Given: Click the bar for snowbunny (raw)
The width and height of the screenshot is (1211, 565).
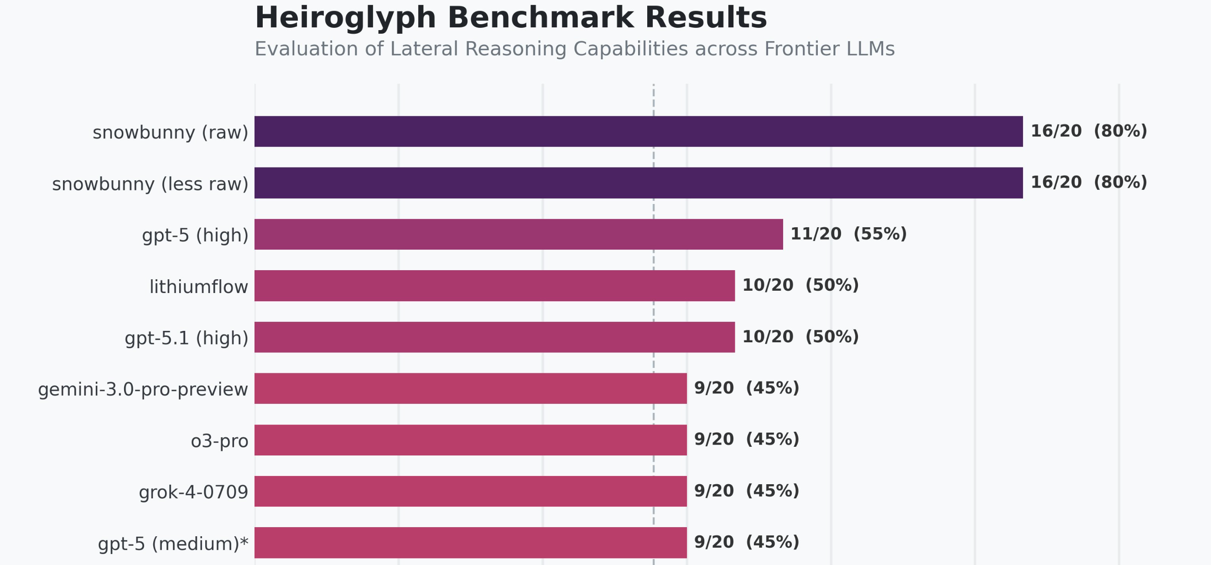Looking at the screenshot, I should coord(638,131).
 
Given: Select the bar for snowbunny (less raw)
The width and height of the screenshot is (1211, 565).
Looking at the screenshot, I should coord(638,183).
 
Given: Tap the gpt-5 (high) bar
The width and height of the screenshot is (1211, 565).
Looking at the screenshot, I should coord(518,234).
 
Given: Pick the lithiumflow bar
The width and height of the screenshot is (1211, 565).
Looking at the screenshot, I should coord(494,285).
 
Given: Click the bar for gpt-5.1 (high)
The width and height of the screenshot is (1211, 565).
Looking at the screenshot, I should coord(494,337).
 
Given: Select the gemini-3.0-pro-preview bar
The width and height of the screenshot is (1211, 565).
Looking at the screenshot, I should coord(470,388).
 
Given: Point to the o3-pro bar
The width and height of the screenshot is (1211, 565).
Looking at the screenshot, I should coord(470,439).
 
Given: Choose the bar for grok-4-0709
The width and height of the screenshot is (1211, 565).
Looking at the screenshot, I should coord(470,491).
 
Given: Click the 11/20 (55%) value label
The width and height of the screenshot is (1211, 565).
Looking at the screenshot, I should coord(848,234).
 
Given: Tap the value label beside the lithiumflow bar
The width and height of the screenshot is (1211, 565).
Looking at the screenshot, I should coord(800,285).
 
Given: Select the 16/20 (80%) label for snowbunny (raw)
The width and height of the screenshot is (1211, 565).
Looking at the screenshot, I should coord(1088,131).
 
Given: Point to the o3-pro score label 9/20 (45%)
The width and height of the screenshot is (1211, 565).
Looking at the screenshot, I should coord(746,439).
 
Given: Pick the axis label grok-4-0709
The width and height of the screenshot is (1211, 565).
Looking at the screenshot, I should coord(193,492).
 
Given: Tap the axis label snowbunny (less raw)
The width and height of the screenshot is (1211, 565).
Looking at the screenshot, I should coord(150,184).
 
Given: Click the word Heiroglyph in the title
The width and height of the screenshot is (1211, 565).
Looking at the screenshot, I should coord(345,19).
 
